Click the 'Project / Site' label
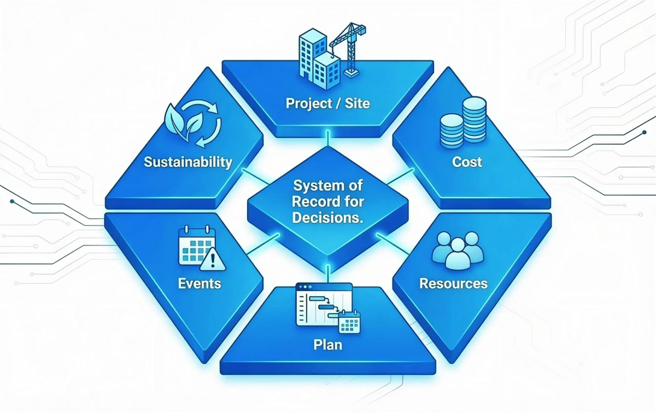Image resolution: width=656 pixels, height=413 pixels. (x=328, y=103)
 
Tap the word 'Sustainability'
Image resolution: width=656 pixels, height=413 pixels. (x=188, y=162)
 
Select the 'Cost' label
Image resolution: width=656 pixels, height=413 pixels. (x=467, y=162)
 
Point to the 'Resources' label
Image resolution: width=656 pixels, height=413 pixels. (x=453, y=283)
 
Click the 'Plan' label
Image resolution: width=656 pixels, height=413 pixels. (x=328, y=345)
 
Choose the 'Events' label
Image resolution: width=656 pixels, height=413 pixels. (x=200, y=283)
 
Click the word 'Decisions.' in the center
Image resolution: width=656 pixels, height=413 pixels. (x=328, y=218)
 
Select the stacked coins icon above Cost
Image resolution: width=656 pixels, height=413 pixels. (x=463, y=122)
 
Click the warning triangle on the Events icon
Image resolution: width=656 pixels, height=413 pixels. (x=213, y=260)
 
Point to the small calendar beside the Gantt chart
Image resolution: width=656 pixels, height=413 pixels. (x=349, y=322)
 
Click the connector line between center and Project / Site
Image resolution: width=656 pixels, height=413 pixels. (x=328, y=139)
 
